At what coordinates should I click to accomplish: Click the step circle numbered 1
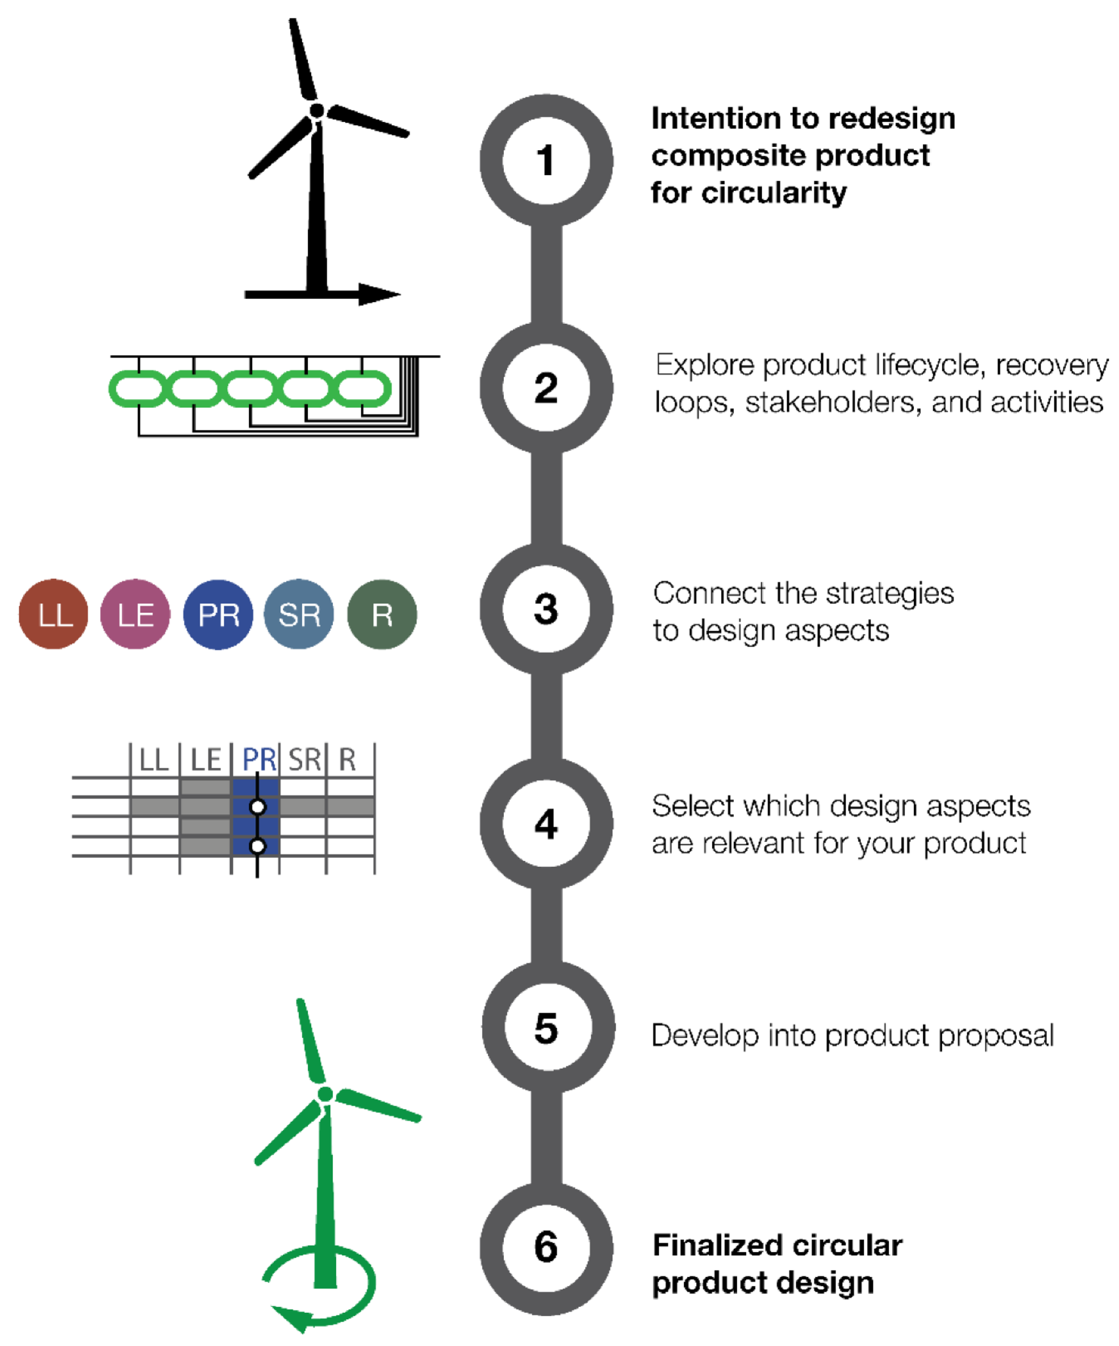pos(545,160)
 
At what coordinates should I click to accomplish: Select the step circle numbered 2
pos(545,388)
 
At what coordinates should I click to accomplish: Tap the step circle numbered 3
pos(545,609)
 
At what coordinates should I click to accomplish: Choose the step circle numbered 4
pos(545,823)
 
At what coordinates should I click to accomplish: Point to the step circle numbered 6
pos(545,1246)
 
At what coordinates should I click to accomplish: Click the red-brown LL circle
pos(53,614)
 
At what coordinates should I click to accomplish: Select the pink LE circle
pos(135,614)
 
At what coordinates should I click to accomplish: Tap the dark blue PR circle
pos(218,614)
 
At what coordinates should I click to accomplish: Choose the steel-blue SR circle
pos(300,614)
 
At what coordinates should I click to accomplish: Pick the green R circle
pos(382,614)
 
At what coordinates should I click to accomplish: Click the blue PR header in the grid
pos(258,760)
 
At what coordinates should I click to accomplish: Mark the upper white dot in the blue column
pos(257,807)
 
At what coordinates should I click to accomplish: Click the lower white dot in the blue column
pos(257,846)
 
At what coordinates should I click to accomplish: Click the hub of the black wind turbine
pos(317,111)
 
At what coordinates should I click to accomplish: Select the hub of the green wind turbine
pos(325,1094)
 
